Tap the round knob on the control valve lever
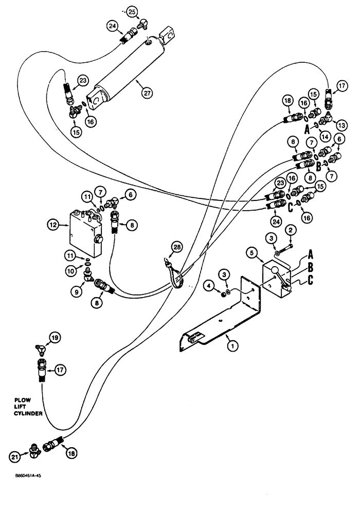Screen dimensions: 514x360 (275, 271)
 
